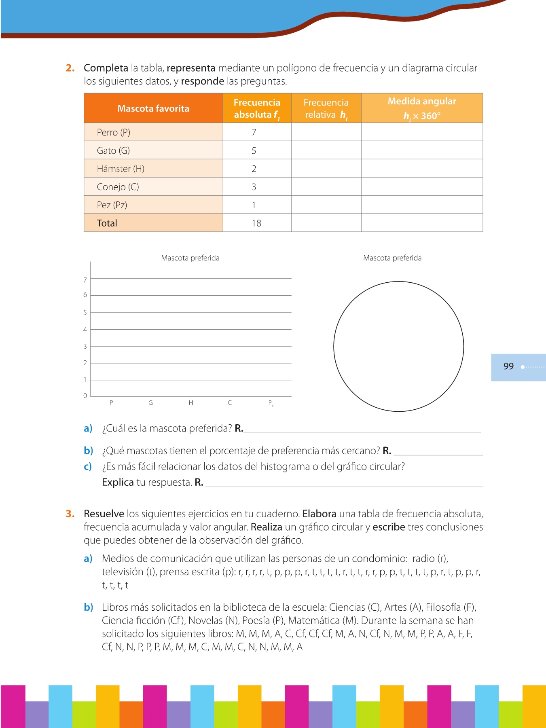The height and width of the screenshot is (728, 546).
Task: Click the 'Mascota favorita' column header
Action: coord(153,108)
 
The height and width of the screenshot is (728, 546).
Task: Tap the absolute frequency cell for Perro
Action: coord(254,132)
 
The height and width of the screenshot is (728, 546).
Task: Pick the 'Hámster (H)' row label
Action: coord(121,169)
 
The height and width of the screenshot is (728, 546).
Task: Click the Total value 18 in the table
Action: coord(256,223)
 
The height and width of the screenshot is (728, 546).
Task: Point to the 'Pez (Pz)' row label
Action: coord(112,205)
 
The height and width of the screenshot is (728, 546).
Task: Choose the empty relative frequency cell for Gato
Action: coord(326,150)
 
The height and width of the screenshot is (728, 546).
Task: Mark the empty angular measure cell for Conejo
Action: coord(422,187)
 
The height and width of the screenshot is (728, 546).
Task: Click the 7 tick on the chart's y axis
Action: coord(85,280)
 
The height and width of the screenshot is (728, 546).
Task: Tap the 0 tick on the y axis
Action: coord(85,396)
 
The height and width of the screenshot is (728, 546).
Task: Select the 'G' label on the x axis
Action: coord(150,403)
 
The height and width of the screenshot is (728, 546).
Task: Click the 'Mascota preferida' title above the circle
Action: coord(392,258)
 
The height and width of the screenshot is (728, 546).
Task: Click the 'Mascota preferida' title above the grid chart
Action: coord(190,258)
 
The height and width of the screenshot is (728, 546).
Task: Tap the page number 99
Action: coord(508,366)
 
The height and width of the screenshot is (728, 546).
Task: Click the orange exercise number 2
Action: coord(70,68)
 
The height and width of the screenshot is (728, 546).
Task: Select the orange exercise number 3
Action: coord(70,514)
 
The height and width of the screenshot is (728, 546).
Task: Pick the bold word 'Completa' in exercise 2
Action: coord(106,68)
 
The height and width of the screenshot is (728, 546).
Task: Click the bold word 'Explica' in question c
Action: coord(118,482)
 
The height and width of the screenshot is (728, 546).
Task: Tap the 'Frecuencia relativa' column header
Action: coord(326,108)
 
